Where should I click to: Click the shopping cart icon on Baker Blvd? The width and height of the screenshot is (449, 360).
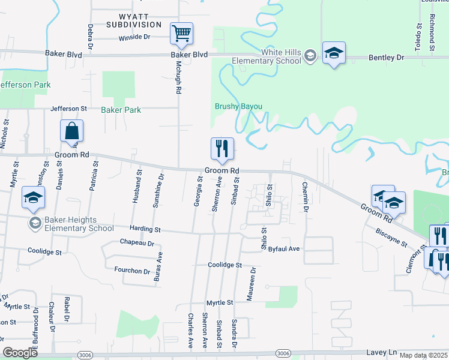[x=181, y=34]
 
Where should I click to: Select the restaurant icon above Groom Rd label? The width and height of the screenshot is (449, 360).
[x=222, y=149]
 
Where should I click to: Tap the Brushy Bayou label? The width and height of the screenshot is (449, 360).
[x=239, y=106]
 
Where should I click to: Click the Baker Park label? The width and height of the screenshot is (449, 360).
[x=121, y=110]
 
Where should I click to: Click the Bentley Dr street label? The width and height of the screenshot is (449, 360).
[x=386, y=57]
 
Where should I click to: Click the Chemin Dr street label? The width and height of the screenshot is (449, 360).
[x=305, y=197]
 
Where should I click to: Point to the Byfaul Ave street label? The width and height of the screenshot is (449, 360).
[x=284, y=248]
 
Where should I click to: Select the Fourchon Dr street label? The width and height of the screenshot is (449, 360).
[x=132, y=271]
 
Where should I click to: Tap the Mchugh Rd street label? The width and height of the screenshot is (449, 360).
[x=178, y=78]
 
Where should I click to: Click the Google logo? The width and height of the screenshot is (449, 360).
[x=20, y=353]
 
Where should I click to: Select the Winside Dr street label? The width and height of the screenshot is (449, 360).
[x=134, y=37]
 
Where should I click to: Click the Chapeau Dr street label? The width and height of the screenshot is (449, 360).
[x=137, y=244]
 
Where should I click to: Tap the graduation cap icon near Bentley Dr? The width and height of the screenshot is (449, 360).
[x=334, y=53]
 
